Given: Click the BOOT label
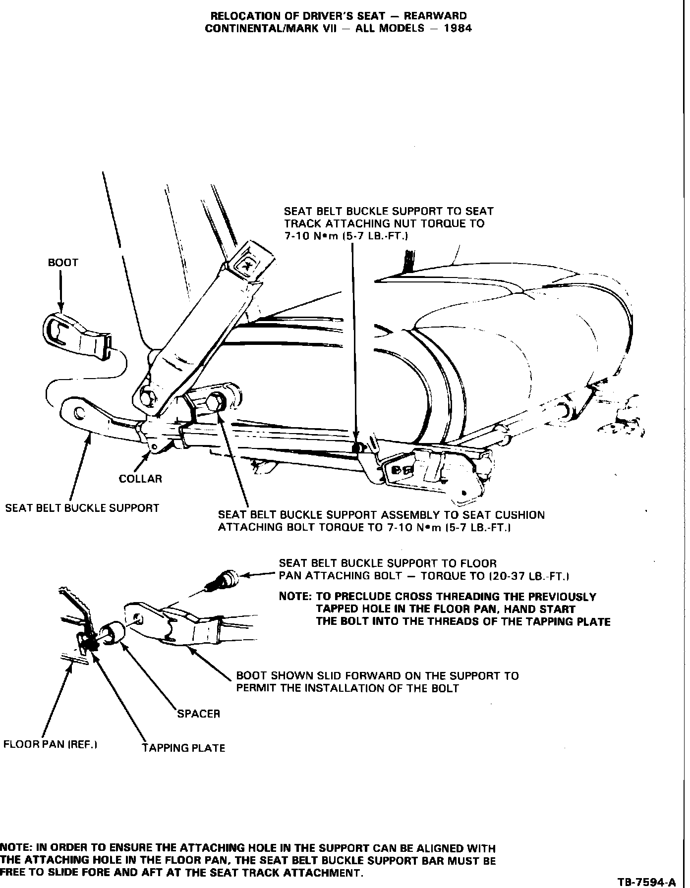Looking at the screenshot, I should point(63,263).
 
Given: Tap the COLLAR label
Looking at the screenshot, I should point(140,479).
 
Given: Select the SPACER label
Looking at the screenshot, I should point(198,714).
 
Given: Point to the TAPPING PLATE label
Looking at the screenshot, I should point(183,748).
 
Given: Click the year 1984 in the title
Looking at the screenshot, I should point(458,28).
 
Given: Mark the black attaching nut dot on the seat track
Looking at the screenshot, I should point(355,448).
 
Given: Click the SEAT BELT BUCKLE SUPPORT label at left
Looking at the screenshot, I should point(82,508).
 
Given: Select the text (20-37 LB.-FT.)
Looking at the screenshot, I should point(528,576).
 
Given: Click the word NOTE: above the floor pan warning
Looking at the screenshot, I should point(294,597).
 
